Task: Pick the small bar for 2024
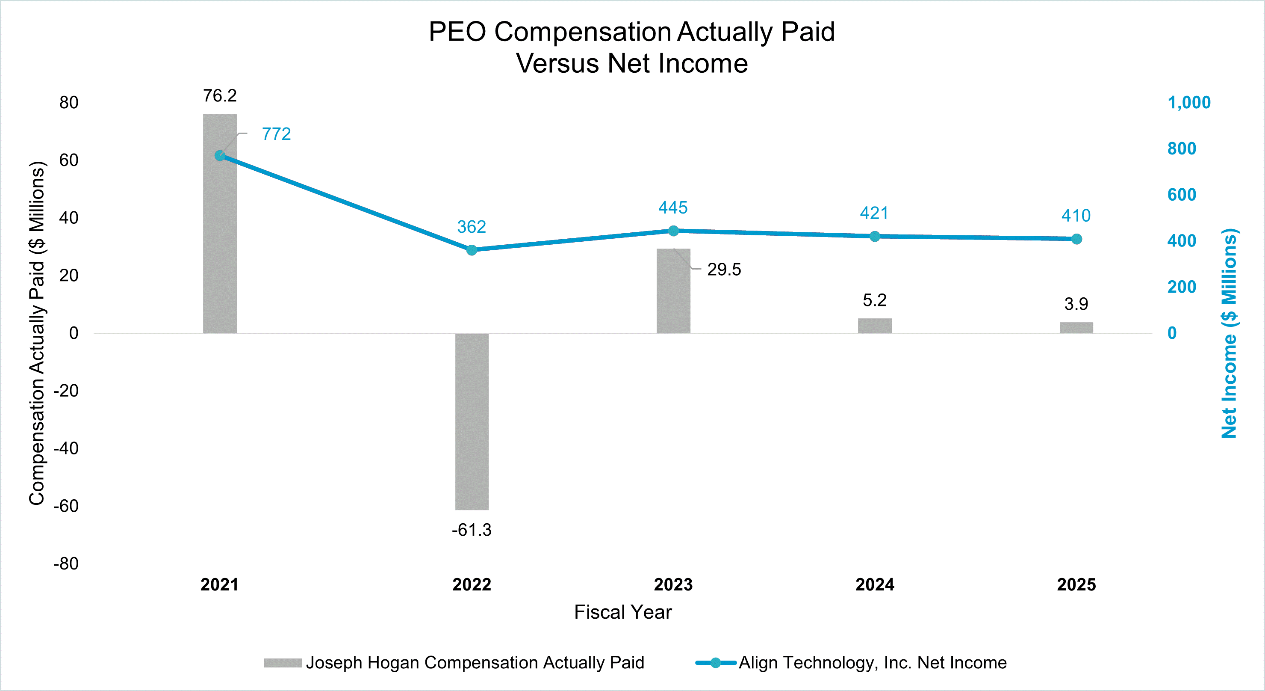click(x=875, y=326)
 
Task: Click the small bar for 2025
click(x=1076, y=328)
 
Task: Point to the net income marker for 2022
click(x=472, y=250)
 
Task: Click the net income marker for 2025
click(x=1076, y=239)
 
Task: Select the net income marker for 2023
click(x=673, y=231)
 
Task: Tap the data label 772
click(x=276, y=134)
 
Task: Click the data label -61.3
click(x=472, y=530)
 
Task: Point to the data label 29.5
click(x=724, y=269)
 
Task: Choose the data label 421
click(x=874, y=214)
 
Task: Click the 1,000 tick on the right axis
click(x=1188, y=103)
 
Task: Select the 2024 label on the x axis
click(x=875, y=584)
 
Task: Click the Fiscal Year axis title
click(x=623, y=612)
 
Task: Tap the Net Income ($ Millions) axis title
click(x=1229, y=333)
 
